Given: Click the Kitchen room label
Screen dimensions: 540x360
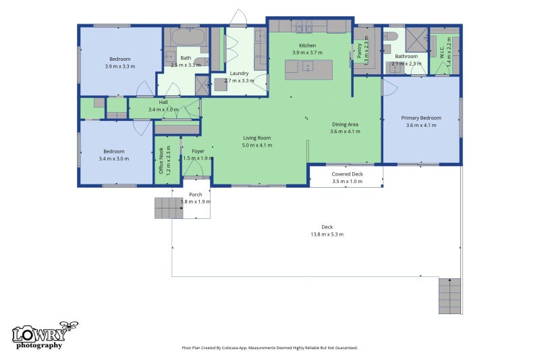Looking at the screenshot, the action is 307,45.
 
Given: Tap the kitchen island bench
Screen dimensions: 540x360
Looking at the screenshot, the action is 309,70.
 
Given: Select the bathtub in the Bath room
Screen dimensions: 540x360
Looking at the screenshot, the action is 189,37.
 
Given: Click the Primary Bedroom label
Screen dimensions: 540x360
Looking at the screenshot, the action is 421,118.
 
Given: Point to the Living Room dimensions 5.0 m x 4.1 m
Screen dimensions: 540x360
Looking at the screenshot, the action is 257,145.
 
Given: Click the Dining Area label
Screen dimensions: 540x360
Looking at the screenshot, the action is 345,124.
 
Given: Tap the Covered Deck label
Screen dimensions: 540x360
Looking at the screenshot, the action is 347,174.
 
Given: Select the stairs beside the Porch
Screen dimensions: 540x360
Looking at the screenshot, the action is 169,208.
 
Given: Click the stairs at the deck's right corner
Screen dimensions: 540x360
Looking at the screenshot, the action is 450,296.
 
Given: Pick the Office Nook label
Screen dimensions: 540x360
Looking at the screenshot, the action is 161,161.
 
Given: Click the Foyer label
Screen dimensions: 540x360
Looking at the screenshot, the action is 198,151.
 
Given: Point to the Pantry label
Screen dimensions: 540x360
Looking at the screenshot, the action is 359,51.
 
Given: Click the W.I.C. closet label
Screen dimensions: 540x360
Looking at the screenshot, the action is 442,52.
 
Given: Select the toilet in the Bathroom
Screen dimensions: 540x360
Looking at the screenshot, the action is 391,36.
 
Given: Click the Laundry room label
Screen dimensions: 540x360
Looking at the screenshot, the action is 239,74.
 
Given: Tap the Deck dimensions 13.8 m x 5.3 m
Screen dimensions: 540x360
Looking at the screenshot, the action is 327,234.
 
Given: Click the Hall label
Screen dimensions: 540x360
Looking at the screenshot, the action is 163,102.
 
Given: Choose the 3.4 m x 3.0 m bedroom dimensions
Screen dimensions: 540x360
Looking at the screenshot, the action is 113,159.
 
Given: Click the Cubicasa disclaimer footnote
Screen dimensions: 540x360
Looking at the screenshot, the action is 269,348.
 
